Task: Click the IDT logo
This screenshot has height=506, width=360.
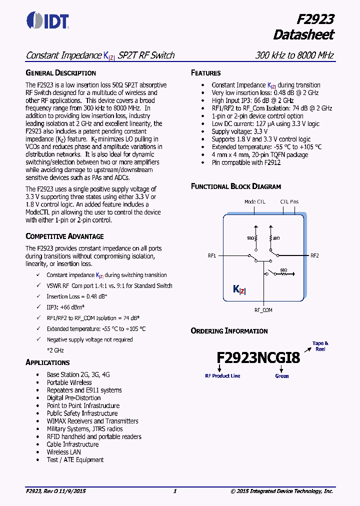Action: [47, 21]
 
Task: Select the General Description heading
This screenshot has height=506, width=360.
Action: [60, 73]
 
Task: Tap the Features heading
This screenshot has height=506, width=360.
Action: [205, 73]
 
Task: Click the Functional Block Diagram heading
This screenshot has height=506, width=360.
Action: [236, 186]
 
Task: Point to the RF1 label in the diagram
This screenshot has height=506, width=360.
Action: [212, 255]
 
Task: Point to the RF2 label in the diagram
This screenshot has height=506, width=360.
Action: [314, 255]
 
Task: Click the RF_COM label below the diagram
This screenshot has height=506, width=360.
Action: [263, 310]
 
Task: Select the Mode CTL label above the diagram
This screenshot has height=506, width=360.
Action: [255, 202]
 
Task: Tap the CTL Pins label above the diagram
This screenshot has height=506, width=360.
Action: [289, 202]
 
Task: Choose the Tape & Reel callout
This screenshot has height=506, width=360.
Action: [320, 346]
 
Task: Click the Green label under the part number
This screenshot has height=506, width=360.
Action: [282, 376]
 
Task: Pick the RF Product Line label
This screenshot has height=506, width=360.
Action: [222, 375]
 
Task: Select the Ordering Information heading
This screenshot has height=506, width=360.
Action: [229, 331]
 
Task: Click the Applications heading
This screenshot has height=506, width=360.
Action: [47, 362]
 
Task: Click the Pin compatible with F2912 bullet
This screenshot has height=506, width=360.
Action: [246, 162]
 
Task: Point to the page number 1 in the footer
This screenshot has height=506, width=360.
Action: [175, 491]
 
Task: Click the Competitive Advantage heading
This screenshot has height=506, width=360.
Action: [64, 236]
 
